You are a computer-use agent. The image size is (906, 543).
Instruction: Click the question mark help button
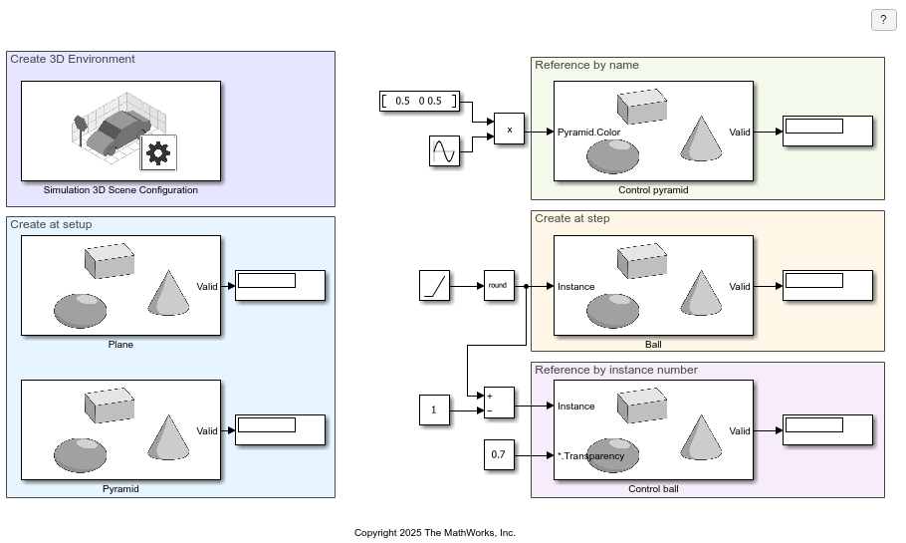click(883, 20)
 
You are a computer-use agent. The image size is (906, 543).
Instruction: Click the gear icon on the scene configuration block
click(158, 152)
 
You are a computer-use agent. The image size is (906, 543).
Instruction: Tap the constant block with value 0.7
click(499, 455)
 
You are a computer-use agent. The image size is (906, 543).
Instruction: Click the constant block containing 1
click(434, 409)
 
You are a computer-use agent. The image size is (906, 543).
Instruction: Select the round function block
click(499, 286)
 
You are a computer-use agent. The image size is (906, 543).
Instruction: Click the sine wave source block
click(444, 151)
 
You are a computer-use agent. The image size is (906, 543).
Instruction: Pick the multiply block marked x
click(509, 130)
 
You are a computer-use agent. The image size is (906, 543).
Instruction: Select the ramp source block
click(434, 286)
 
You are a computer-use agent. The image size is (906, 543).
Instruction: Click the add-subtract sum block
click(499, 403)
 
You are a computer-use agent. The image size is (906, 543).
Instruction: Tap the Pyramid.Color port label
click(588, 132)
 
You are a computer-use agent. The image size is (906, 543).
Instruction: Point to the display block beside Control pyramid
click(827, 131)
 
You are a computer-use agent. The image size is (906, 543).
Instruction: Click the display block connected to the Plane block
click(280, 286)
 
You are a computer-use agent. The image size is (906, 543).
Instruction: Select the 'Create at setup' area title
click(51, 224)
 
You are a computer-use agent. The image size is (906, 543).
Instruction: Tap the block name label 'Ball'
click(653, 345)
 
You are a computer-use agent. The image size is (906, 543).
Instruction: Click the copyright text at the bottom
click(435, 533)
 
